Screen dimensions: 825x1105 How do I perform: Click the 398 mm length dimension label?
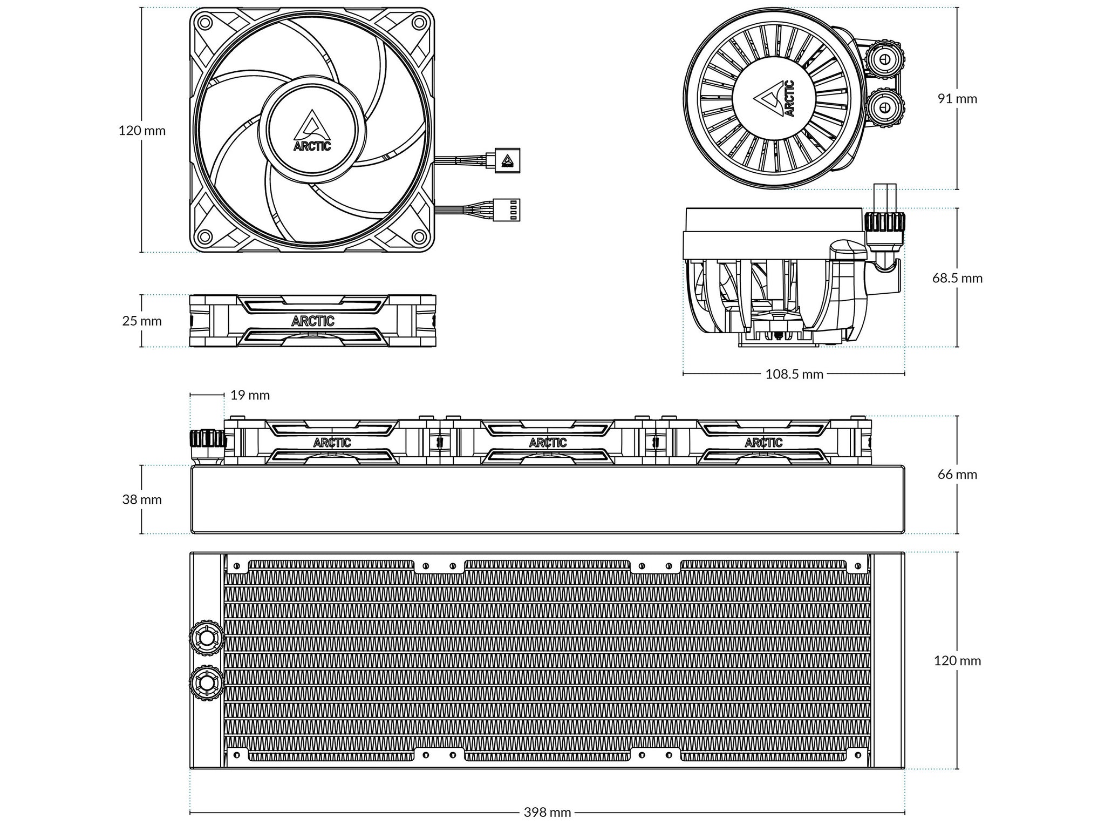coord(547,812)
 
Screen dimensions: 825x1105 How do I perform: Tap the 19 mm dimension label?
coord(250,395)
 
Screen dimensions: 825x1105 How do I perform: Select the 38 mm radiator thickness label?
coord(142,499)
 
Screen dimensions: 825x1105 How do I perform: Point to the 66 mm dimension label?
coord(957,475)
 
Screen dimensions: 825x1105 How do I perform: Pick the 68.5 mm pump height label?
coord(957,278)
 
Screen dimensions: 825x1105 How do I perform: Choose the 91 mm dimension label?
coord(957,98)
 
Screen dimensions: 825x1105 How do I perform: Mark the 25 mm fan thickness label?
coord(142,321)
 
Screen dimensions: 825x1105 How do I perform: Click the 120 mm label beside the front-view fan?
coord(142,131)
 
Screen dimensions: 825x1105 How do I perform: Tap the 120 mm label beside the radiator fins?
coord(957,660)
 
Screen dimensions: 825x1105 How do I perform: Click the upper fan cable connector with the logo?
coord(507,160)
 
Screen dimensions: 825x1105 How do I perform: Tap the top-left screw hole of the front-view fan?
coord(204,22)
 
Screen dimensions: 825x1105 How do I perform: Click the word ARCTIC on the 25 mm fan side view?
coord(313,321)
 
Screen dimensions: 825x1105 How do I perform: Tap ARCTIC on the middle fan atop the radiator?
coord(548,443)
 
